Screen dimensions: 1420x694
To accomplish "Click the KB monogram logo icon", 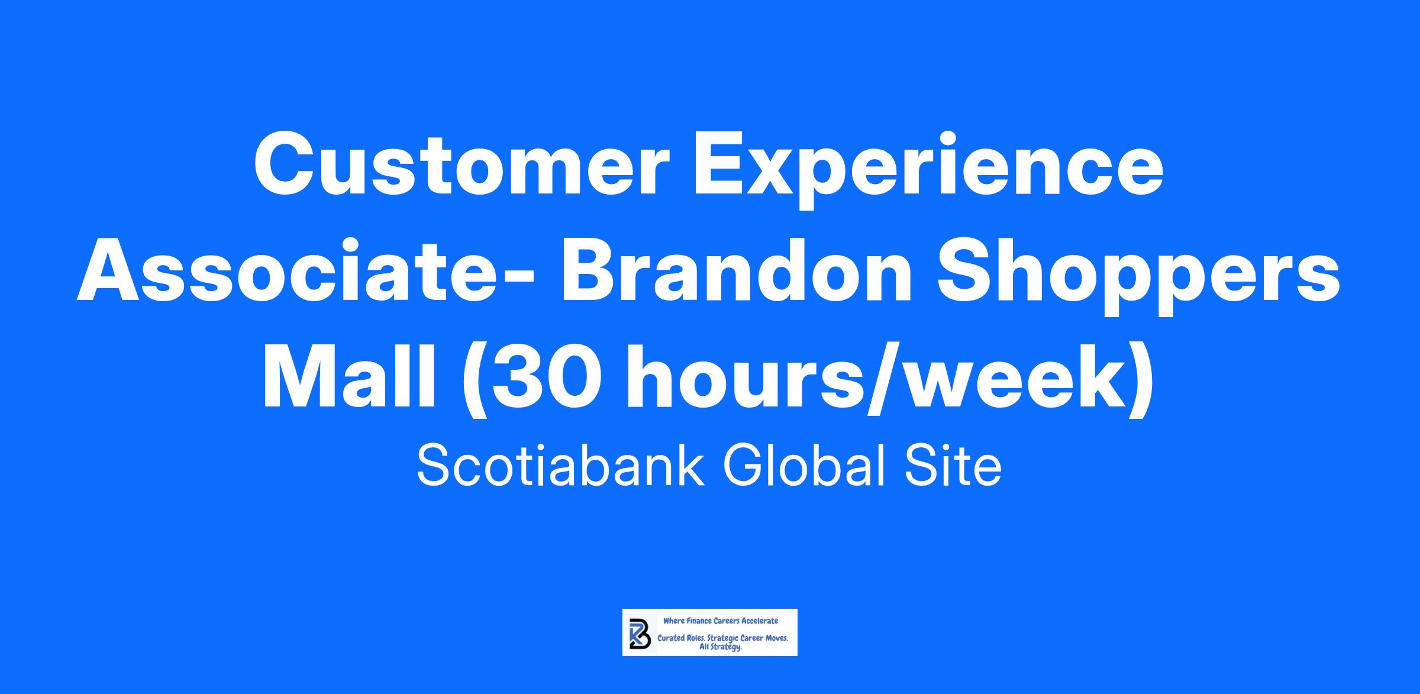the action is point(640,632).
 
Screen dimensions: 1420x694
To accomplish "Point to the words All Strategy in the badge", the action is point(721,647).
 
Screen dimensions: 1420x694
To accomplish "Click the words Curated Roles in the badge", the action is point(680,639).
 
